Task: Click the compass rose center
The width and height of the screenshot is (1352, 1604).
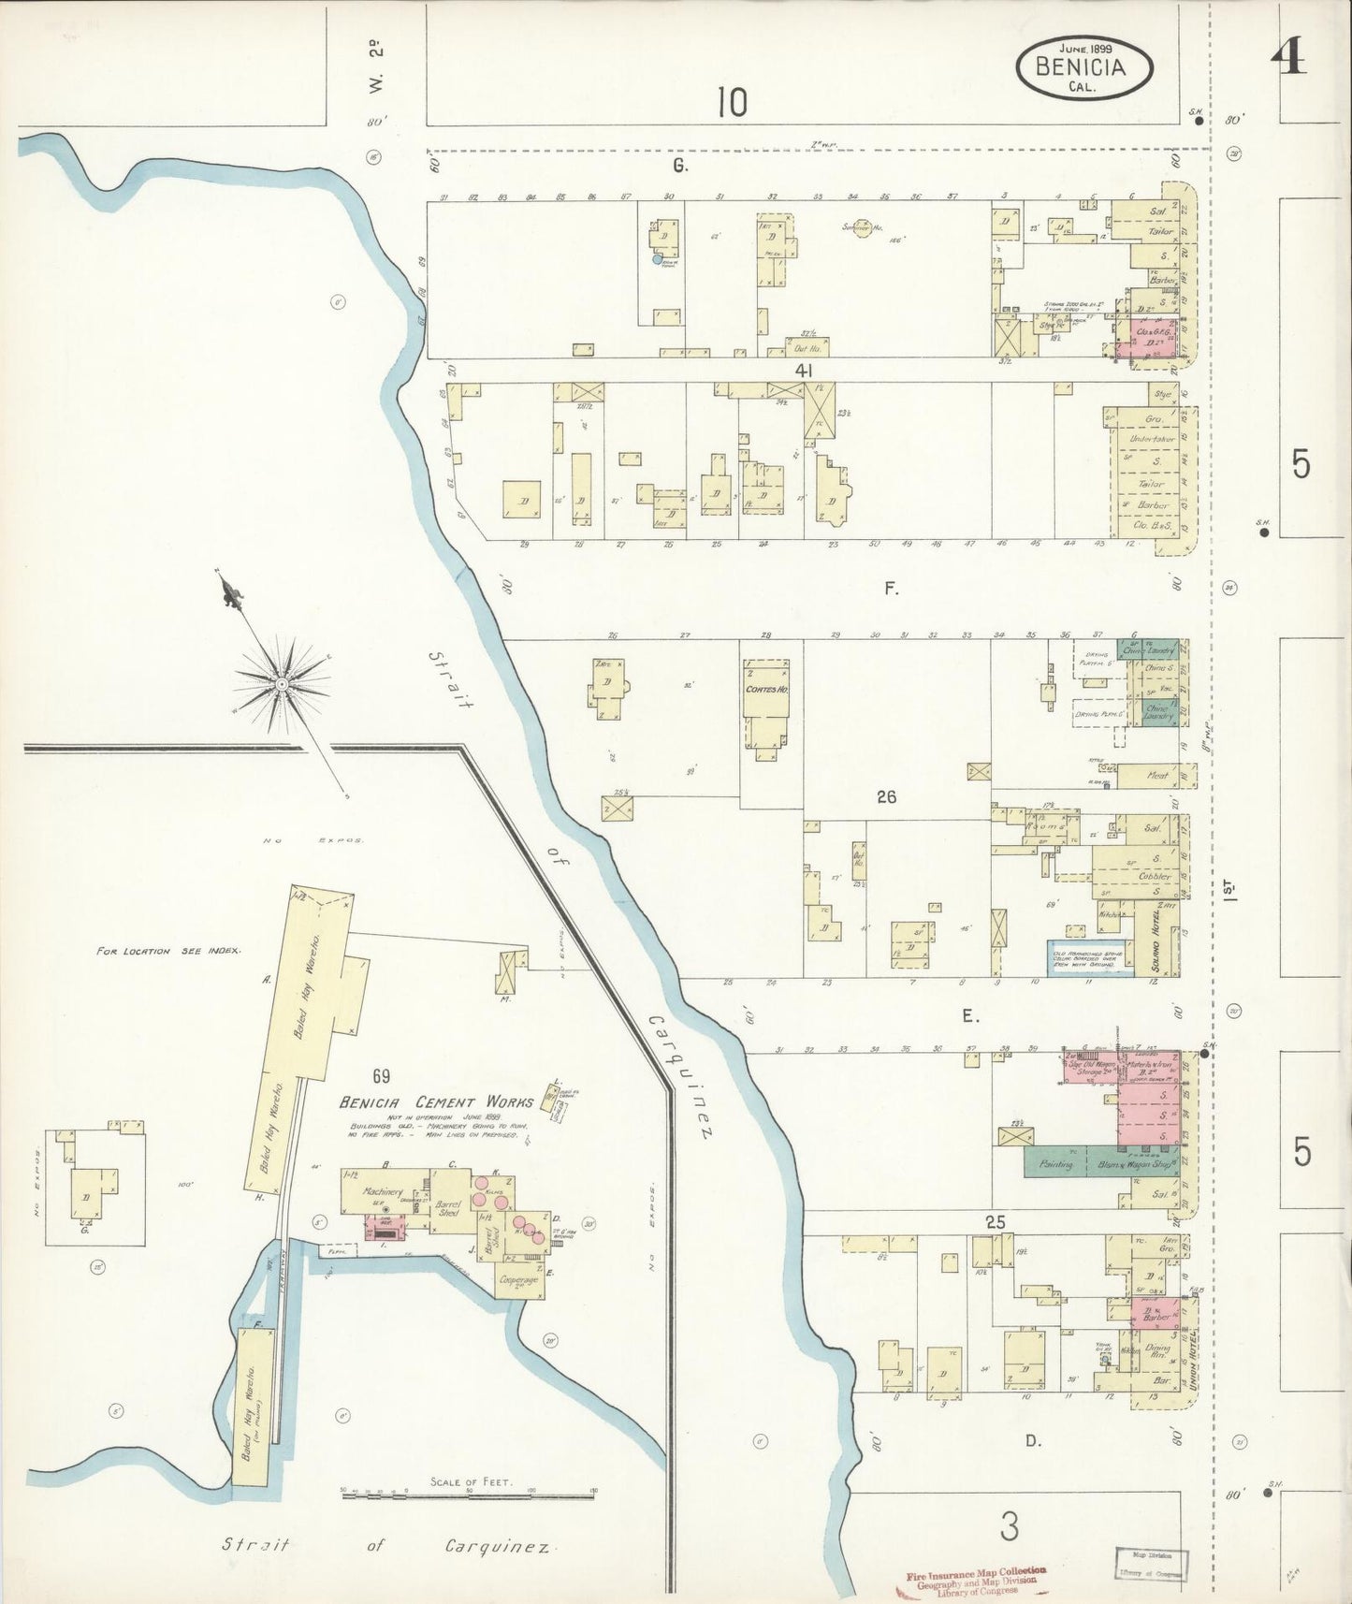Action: coord(280,686)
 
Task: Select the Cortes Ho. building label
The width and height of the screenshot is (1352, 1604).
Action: coord(765,690)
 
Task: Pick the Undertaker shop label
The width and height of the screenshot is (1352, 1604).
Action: coord(1151,439)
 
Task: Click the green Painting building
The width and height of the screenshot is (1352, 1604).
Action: coord(1055,1165)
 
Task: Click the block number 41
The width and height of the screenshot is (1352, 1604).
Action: coord(802,371)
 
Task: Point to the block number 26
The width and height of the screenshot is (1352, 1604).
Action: coord(886,796)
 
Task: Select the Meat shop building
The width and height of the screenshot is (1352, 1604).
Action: coord(1157,775)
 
